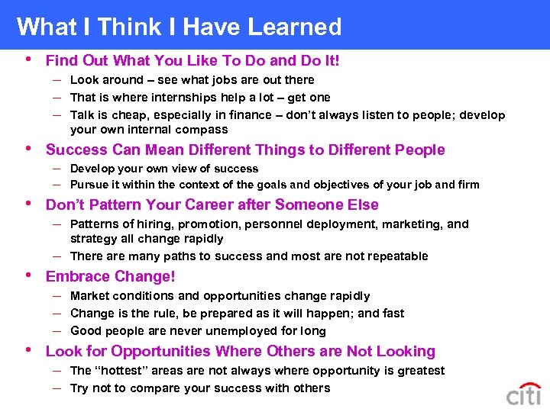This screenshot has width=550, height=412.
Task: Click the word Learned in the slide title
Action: click(293, 27)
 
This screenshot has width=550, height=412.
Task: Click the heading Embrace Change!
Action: click(111, 277)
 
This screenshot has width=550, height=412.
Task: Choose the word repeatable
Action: click(394, 256)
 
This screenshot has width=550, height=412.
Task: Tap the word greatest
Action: click(419, 371)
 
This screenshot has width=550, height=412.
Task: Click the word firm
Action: click(467, 185)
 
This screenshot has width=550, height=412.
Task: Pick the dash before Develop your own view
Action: click(58, 169)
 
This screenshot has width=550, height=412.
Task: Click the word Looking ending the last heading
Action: click(406, 352)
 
